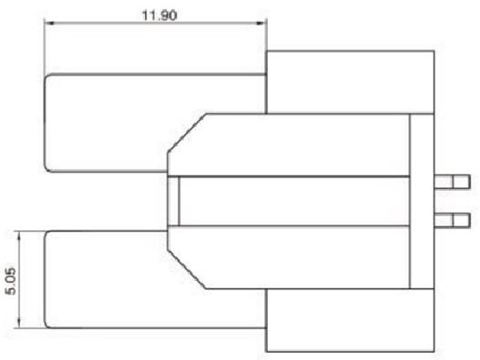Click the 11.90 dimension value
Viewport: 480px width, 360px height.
tap(160, 15)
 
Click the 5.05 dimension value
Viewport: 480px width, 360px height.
tap(11, 281)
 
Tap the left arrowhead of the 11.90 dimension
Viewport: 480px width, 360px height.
tap(49, 23)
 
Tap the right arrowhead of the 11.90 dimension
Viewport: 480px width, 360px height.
tap(261, 23)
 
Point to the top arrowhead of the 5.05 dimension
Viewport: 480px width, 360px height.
tap(19, 236)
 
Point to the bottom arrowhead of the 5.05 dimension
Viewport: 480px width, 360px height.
tap(19, 323)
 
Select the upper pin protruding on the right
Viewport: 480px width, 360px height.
tap(452, 182)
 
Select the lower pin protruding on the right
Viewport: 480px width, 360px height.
tap(452, 220)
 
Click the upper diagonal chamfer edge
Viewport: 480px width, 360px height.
tap(187, 133)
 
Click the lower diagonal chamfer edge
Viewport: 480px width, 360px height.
tap(187, 269)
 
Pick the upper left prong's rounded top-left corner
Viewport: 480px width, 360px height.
tap(47, 77)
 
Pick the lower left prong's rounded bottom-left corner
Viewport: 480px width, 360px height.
tap(47, 325)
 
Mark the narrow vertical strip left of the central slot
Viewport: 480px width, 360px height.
tap(173, 201)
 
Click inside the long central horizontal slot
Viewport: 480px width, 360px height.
tap(294, 201)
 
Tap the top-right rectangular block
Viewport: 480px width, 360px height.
tap(350, 83)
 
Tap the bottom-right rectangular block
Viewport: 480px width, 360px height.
tap(350, 320)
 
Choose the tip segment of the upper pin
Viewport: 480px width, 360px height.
tap(462, 182)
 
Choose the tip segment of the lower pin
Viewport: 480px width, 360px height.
tap(462, 220)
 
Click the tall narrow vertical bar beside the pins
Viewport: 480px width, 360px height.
tap(422, 201)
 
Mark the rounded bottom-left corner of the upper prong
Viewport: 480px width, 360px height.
tap(47, 169)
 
